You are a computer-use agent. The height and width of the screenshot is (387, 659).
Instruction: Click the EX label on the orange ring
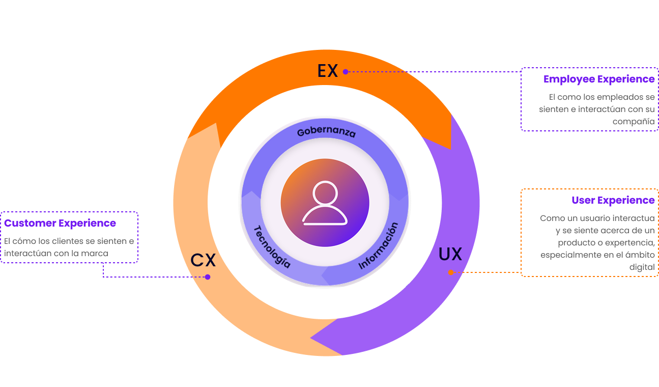328,71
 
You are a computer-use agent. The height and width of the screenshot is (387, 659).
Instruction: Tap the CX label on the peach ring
203,260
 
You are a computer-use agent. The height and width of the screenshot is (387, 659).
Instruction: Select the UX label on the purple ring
450,254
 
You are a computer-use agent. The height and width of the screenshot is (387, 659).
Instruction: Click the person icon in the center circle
325,203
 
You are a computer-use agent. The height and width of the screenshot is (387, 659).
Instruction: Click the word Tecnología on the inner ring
272,247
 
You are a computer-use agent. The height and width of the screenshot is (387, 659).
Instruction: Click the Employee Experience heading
599,79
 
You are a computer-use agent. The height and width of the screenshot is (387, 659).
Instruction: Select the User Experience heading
613,201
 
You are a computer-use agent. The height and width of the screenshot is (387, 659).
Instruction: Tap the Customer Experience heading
60,224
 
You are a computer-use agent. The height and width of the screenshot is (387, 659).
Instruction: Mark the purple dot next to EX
346,72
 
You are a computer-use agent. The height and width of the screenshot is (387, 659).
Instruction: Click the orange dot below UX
451,272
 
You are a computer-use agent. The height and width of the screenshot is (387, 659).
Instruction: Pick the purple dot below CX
208,277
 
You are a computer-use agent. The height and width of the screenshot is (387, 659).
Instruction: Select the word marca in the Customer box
94,253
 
